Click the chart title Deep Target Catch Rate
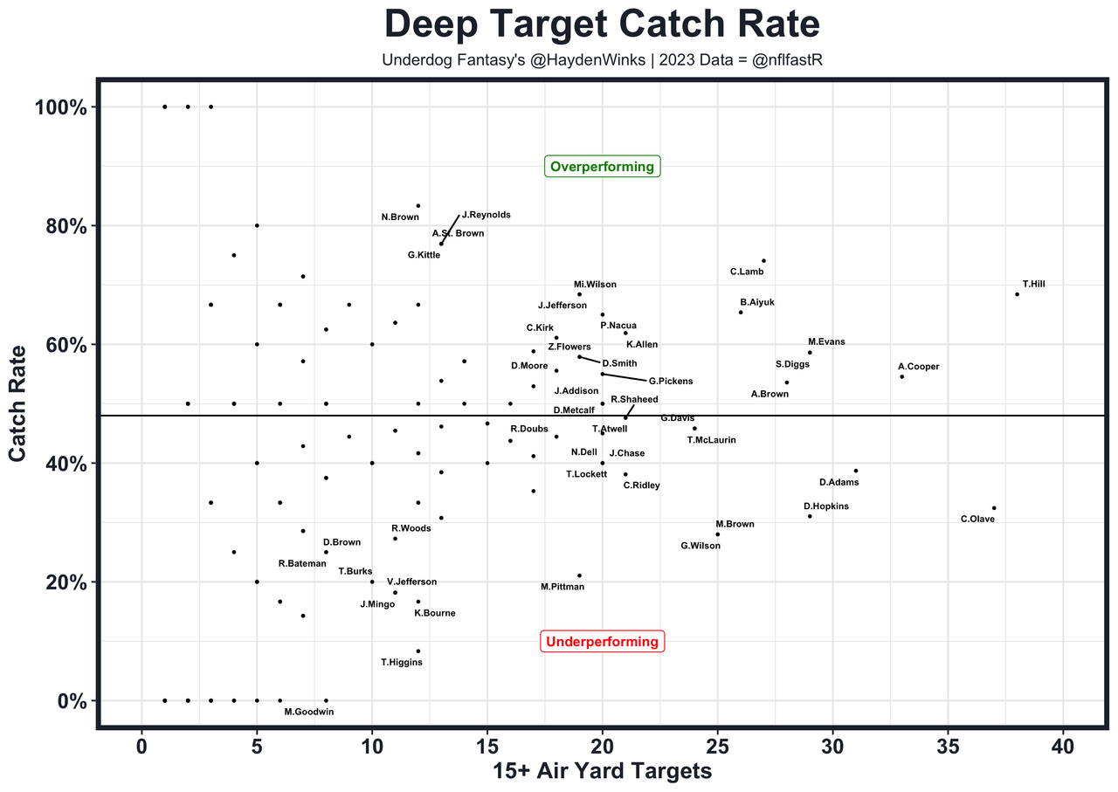pyautogui.click(x=602, y=24)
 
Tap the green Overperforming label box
pyautogui.click(x=602, y=167)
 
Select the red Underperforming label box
pyautogui.click(x=602, y=642)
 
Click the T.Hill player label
pyautogui.click(x=1034, y=284)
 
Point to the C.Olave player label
pyautogui.click(x=977, y=519)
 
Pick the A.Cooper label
pyautogui.click(x=918, y=367)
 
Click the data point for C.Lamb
pyautogui.click(x=763, y=260)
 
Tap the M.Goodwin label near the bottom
pyautogui.click(x=308, y=712)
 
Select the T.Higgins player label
pyautogui.click(x=402, y=662)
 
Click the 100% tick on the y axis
pyautogui.click(x=60, y=107)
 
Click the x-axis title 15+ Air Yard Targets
pyautogui.click(x=602, y=771)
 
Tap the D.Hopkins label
pyautogui.click(x=825, y=506)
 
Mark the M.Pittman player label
pyautogui.click(x=562, y=587)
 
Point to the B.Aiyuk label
pyautogui.click(x=756, y=302)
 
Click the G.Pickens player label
pyautogui.click(x=671, y=381)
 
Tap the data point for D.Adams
pyautogui.click(x=856, y=471)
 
